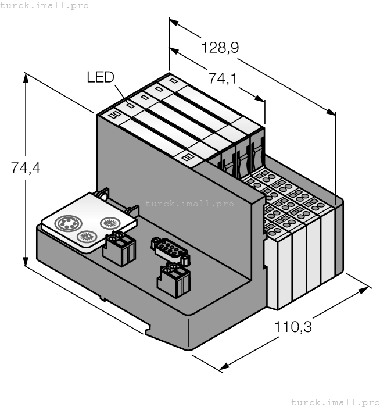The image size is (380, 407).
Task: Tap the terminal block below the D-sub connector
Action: [174, 279]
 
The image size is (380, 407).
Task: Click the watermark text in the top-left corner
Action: [44, 5]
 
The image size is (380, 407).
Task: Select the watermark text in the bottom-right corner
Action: [335, 402]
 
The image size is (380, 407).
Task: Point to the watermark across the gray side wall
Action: [189, 203]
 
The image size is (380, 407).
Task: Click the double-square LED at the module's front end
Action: [113, 115]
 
